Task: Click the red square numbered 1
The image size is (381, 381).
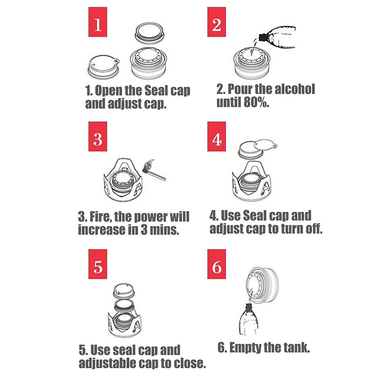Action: (98, 22)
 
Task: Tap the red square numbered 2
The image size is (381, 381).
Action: (217, 22)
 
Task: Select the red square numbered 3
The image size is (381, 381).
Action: (98, 137)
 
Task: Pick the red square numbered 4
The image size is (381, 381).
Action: (217, 137)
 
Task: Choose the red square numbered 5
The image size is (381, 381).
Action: (98, 264)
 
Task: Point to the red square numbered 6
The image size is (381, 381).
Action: (217, 264)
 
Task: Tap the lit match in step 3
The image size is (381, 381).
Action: (154, 170)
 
